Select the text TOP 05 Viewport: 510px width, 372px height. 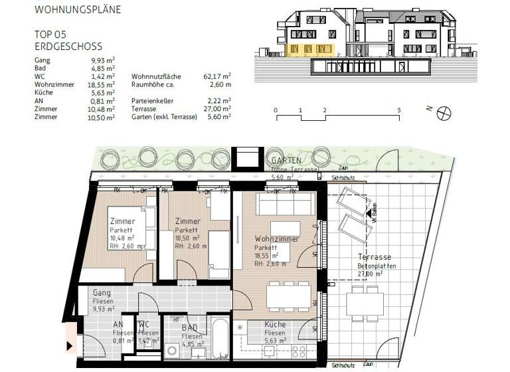point(50,33)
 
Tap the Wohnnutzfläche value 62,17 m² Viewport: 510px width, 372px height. point(217,76)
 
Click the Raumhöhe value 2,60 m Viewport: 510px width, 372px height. point(219,85)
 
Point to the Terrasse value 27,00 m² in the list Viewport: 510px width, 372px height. point(217,108)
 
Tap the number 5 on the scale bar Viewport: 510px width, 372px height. point(398,110)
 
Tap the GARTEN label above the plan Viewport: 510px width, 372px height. point(286,161)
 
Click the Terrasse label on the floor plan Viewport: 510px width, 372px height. point(375,257)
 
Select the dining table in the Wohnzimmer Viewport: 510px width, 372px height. point(288,295)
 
